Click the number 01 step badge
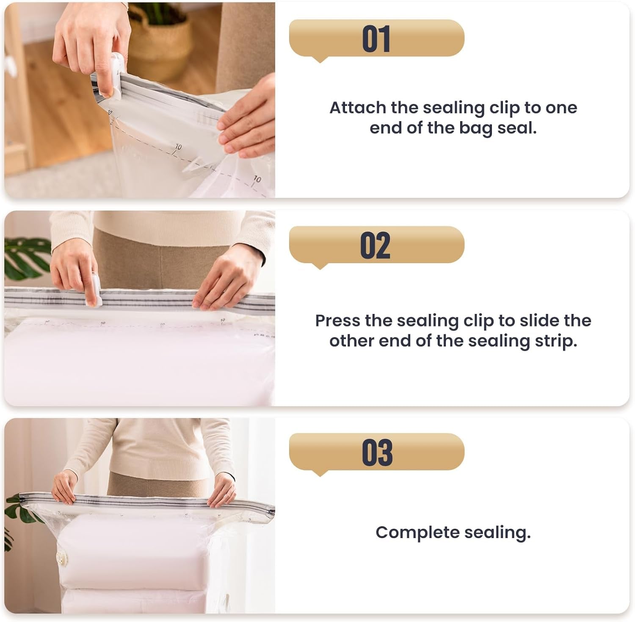[x=376, y=39]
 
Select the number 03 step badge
[x=376, y=452]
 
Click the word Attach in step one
[x=357, y=108]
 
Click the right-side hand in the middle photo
[x=229, y=280]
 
